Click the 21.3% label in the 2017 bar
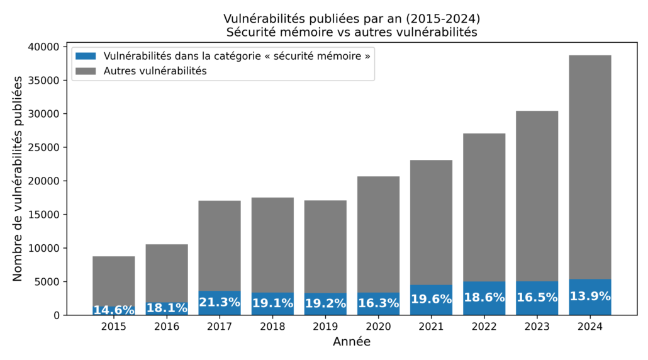[220, 302]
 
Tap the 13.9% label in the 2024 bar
[590, 296]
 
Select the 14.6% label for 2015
[114, 310]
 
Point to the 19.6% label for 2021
[431, 300]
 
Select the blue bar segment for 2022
[484, 307]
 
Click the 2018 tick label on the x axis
[272, 327]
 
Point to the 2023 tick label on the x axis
[537, 327]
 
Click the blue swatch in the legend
[87, 56]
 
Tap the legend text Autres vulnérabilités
[155, 71]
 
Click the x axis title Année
[352, 342]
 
